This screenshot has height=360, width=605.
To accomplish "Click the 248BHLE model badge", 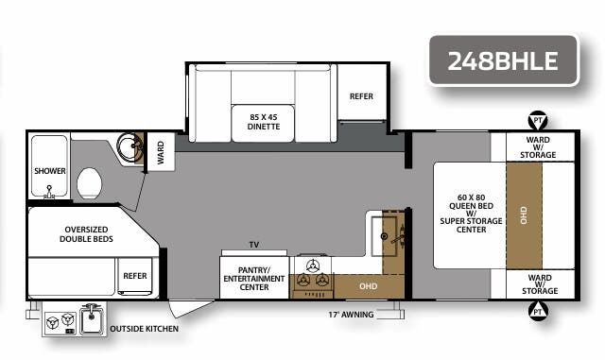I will click(503, 61).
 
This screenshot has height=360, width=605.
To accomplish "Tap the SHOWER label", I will click(50, 171).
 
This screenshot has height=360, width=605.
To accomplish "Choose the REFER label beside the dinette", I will click(361, 96).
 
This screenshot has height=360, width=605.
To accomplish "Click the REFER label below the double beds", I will click(134, 275).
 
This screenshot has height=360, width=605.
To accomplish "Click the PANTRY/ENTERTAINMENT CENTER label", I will click(252, 281).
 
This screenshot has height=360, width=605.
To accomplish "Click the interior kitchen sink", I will click(388, 232).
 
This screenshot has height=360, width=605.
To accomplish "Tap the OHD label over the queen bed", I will click(522, 215).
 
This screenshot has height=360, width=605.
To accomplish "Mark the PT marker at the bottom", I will click(538, 310).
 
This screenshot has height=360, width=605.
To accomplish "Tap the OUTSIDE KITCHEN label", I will click(144, 329).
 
